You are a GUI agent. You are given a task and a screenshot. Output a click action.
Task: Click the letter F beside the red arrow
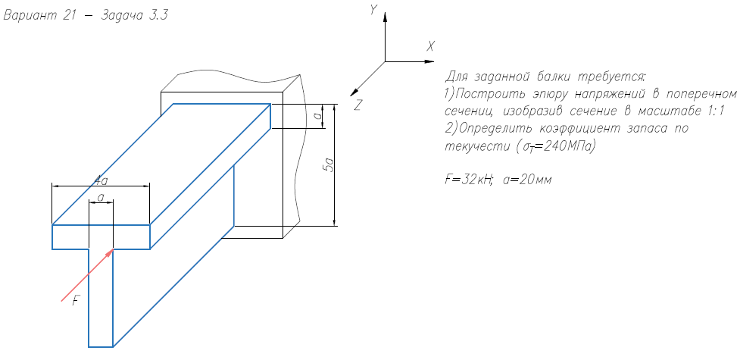75,302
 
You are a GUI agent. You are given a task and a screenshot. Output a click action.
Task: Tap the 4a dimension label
100,180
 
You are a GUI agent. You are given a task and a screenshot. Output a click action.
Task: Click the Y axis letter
373,10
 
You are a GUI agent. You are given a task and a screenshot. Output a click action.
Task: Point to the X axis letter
430,46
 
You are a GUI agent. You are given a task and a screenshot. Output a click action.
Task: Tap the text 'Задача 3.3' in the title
133,17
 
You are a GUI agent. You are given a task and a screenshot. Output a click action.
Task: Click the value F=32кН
469,180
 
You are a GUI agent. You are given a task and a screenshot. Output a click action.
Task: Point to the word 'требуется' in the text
613,77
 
